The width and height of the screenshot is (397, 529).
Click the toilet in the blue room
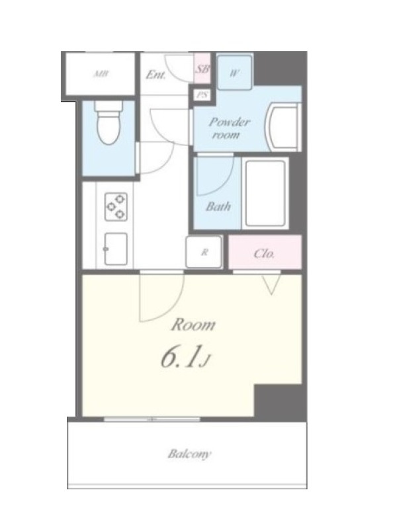pos(108,123)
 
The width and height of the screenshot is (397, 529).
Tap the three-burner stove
pos(116,206)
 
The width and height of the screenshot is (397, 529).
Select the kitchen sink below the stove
pos(116,249)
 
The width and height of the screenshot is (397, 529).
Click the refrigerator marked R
pos(204,252)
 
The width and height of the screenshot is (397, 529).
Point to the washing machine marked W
pos(234,73)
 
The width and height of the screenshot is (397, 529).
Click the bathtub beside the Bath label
pos(265,194)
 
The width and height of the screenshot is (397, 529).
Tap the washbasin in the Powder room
pos(284,128)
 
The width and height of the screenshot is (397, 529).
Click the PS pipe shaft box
pos(202,95)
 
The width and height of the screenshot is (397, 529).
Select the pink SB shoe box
pos(202,69)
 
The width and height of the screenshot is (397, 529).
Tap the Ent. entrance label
pos(156,75)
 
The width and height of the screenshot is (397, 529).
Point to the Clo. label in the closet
pos(264,253)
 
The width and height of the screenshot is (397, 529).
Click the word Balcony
pos(189,454)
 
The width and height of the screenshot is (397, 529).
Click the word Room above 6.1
pos(193,325)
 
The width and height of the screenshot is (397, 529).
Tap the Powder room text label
pos(228,128)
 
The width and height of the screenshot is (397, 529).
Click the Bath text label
pos(218,206)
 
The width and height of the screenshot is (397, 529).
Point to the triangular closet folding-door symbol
pos(271,284)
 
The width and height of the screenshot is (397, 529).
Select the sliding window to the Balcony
pos(152,419)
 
